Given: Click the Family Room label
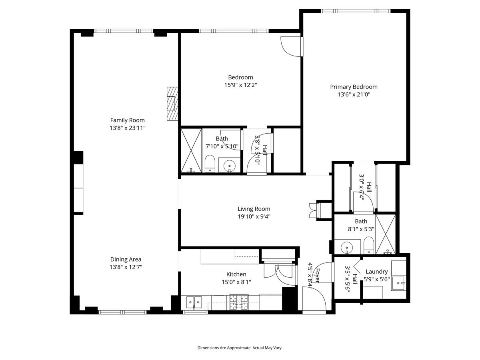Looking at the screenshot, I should pyautogui.click(x=127, y=120).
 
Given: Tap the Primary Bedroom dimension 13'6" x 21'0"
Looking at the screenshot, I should pyautogui.click(x=354, y=95).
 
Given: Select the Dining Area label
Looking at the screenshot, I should pyautogui.click(x=126, y=259).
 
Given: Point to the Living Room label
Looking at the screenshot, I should pyautogui.click(x=254, y=209).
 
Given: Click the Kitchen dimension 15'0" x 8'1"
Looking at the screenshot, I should pyautogui.click(x=236, y=282).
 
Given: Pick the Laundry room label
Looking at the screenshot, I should pyautogui.click(x=376, y=272).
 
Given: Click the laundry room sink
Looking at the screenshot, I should pyautogui.click(x=398, y=282).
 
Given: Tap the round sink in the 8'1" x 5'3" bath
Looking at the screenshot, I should pyautogui.click(x=346, y=247).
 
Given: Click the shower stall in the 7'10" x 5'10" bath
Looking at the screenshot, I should pyautogui.click(x=191, y=150).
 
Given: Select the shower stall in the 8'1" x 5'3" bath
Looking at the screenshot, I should pyautogui.click(x=386, y=234).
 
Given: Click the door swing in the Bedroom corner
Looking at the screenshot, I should pyautogui.click(x=290, y=46).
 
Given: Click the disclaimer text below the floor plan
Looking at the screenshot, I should pyautogui.click(x=240, y=348).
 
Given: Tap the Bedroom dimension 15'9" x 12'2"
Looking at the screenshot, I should pyautogui.click(x=240, y=85).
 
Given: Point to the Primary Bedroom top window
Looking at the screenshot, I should pyautogui.click(x=355, y=11).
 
